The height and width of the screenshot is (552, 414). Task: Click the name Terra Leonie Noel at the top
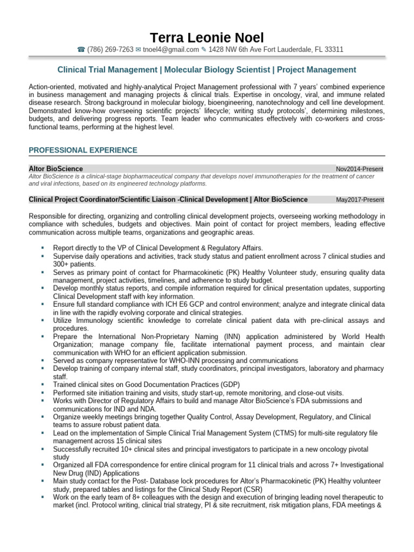[207, 38]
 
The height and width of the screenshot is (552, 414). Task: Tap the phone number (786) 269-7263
[110, 50]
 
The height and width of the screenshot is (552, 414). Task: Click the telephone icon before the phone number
[81, 50]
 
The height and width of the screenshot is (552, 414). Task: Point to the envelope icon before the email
[139, 50]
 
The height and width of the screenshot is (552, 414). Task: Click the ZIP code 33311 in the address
[333, 50]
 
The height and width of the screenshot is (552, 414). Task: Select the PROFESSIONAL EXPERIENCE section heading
[82, 150]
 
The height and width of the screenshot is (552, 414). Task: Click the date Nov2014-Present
[360, 169]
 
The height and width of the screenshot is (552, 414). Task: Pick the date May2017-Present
[360, 200]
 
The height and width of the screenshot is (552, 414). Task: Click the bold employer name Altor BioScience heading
[56, 169]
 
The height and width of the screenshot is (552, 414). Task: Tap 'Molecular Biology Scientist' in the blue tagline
[218, 70]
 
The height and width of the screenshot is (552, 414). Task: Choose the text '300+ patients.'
[74, 265]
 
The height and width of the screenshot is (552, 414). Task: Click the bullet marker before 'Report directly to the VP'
[42, 248]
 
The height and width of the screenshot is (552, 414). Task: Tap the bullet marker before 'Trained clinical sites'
[42, 385]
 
